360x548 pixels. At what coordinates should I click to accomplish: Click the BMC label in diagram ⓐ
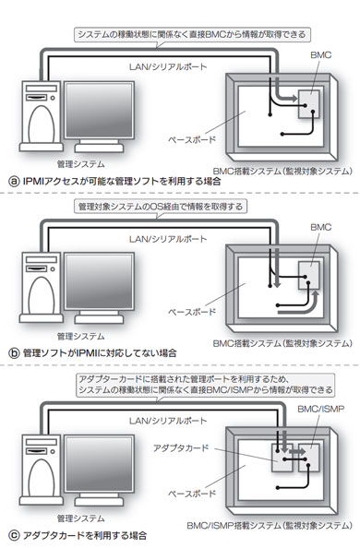[x=320, y=54]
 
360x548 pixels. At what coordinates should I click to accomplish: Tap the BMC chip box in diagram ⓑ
[x=309, y=276]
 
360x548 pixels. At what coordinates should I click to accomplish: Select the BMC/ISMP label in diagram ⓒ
[x=320, y=409]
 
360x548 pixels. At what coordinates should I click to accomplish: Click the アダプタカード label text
[x=181, y=447]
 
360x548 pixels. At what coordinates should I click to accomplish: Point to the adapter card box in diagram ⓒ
[x=282, y=459]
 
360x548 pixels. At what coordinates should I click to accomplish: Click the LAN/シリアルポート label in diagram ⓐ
[x=168, y=66]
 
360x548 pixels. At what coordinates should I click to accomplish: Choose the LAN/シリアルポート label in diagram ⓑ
[x=168, y=239]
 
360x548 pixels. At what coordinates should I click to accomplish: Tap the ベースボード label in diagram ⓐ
[x=192, y=139]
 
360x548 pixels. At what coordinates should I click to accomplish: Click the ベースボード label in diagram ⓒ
[x=192, y=494]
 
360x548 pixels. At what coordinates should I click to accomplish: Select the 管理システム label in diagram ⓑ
[x=81, y=336]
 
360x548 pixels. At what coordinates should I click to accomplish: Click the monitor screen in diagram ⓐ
[x=99, y=111]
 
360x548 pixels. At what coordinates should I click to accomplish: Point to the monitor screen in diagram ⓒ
[x=99, y=463]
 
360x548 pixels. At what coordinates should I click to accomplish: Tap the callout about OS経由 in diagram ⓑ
[x=161, y=207]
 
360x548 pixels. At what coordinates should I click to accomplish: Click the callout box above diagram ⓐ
[x=192, y=35]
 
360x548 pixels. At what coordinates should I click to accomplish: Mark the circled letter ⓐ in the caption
[x=14, y=182]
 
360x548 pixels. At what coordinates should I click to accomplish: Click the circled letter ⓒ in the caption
[x=14, y=535]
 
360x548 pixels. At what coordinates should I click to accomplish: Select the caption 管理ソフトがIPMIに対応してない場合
[x=100, y=353]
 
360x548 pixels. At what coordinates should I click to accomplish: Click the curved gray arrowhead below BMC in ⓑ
[x=316, y=294]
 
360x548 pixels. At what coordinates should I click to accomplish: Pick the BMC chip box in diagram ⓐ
[x=309, y=104]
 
